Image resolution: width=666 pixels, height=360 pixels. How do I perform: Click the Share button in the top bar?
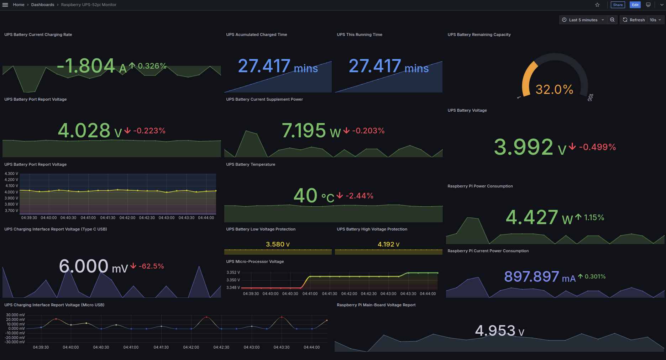(x=618, y=5)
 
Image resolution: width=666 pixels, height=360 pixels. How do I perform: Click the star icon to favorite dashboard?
(x=597, y=5)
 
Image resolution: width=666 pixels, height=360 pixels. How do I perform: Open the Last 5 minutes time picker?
(x=583, y=20)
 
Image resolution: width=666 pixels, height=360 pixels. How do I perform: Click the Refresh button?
(x=634, y=20)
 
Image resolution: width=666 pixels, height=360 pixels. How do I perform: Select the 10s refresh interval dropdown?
(x=655, y=20)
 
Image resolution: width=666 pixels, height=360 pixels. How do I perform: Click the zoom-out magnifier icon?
(x=612, y=20)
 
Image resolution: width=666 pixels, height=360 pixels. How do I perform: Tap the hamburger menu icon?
(x=5, y=5)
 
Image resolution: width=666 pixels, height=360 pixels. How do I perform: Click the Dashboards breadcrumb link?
(x=43, y=5)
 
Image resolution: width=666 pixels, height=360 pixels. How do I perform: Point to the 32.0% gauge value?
(x=554, y=89)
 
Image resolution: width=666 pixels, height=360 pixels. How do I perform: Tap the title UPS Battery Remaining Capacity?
(x=479, y=35)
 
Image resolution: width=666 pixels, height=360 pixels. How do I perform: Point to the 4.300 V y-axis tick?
(x=11, y=174)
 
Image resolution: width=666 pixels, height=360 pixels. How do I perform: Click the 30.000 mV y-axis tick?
(x=15, y=315)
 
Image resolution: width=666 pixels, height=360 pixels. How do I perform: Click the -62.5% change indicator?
(x=151, y=266)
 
